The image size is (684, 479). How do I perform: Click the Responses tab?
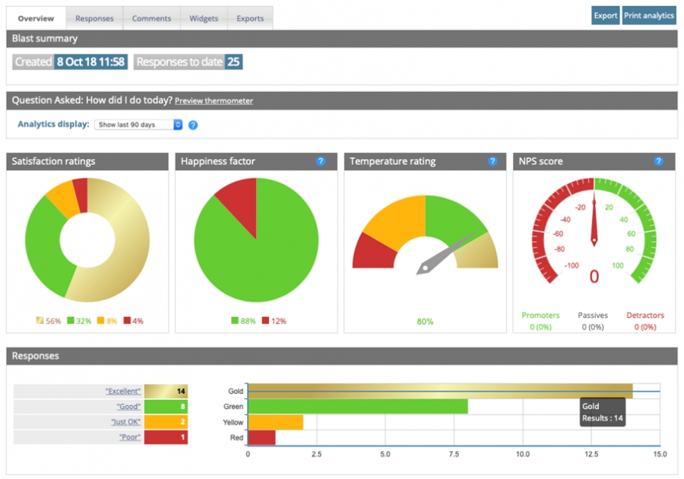click(x=94, y=18)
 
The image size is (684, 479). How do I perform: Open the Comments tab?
click(x=151, y=18)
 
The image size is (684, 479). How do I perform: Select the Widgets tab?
click(x=204, y=18)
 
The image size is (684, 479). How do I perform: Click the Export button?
click(x=606, y=15)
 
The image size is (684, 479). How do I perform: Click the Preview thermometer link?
click(x=214, y=101)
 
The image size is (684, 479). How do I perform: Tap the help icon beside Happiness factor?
click(x=321, y=161)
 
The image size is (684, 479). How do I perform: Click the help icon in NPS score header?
click(x=658, y=161)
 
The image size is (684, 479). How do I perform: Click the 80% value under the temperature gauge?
click(x=425, y=322)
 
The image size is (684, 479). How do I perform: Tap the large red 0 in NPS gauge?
click(x=594, y=276)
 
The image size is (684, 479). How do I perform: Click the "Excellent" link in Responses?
click(x=123, y=391)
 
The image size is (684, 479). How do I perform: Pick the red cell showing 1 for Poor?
click(x=166, y=438)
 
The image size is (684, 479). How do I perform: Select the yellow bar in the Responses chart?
click(x=275, y=422)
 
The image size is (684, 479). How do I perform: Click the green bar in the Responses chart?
click(x=357, y=407)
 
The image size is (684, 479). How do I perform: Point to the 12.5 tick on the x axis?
click(x=591, y=454)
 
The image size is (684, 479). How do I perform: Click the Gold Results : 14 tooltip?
click(x=602, y=412)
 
